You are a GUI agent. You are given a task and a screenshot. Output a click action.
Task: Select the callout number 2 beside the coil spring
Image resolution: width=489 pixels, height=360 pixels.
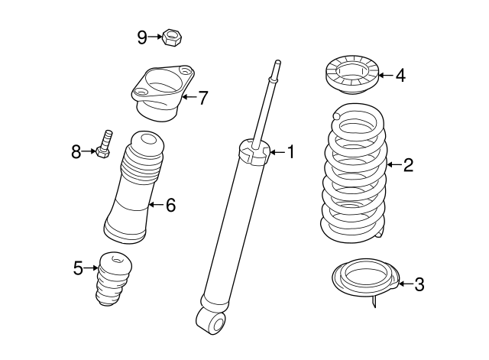click(x=408, y=164)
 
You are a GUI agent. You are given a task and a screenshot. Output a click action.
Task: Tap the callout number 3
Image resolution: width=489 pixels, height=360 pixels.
click(x=419, y=285)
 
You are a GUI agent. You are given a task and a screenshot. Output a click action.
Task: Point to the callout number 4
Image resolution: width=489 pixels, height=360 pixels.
click(x=401, y=75)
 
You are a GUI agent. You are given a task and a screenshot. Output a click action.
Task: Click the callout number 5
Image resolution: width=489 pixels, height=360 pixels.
click(x=78, y=268)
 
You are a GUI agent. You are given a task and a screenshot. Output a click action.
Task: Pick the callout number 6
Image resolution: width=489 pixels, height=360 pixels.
click(x=170, y=204)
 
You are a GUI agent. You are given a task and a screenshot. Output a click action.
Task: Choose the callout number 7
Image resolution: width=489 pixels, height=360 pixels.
click(x=202, y=98)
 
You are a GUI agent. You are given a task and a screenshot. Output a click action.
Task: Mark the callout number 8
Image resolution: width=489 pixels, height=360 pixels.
click(x=76, y=152)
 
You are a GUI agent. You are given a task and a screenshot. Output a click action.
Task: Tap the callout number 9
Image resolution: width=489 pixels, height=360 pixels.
click(x=142, y=36)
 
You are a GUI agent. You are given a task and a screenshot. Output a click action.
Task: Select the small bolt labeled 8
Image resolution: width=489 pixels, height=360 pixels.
click(x=105, y=144)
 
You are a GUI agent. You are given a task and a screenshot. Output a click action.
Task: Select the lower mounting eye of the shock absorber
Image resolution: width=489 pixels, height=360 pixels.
click(x=212, y=320)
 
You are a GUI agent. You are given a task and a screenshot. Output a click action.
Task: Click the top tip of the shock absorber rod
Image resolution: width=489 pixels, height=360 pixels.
click(x=277, y=63)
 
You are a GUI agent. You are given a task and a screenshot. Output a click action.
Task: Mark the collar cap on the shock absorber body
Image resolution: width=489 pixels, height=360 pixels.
click(x=254, y=151)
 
